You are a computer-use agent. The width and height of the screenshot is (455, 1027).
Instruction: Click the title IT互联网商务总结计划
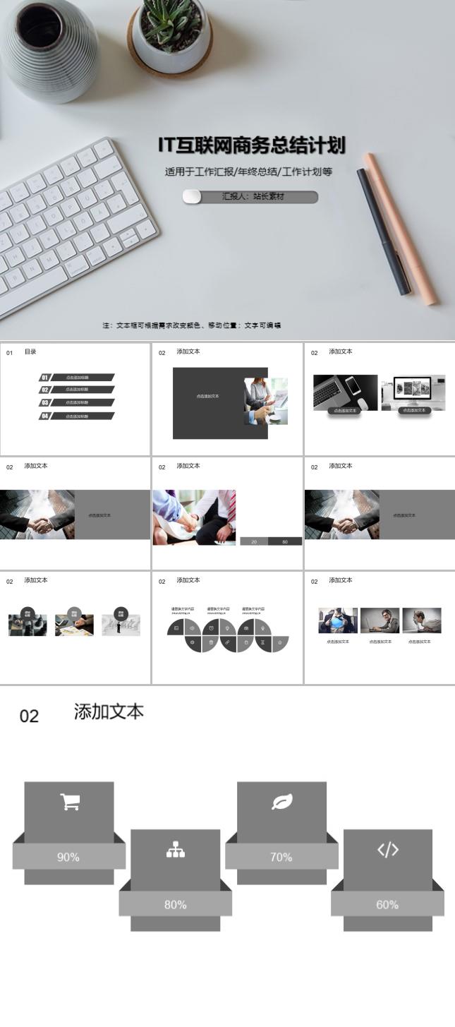(252, 145)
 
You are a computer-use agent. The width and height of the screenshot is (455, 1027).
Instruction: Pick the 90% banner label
(68, 857)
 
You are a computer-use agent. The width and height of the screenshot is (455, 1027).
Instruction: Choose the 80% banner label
(175, 904)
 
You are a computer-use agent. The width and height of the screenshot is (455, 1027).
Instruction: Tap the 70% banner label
(281, 857)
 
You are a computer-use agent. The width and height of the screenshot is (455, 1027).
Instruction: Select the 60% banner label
(387, 904)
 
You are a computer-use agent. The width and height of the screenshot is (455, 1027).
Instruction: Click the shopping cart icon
(69, 802)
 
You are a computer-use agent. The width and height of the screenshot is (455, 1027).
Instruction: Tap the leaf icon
(281, 802)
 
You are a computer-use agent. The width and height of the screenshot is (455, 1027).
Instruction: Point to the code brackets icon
(387, 850)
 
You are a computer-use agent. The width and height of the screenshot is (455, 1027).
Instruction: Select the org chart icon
(175, 850)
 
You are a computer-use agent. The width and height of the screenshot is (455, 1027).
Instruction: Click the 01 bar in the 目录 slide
(76, 378)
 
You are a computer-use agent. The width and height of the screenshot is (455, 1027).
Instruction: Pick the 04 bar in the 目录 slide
(76, 416)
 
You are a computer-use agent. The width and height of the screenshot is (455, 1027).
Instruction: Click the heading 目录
(30, 352)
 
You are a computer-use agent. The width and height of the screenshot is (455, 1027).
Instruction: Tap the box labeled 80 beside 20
(285, 541)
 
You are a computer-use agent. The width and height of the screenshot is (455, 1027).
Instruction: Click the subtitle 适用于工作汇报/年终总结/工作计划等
(248, 172)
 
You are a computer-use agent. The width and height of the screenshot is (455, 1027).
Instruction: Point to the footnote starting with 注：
(192, 325)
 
